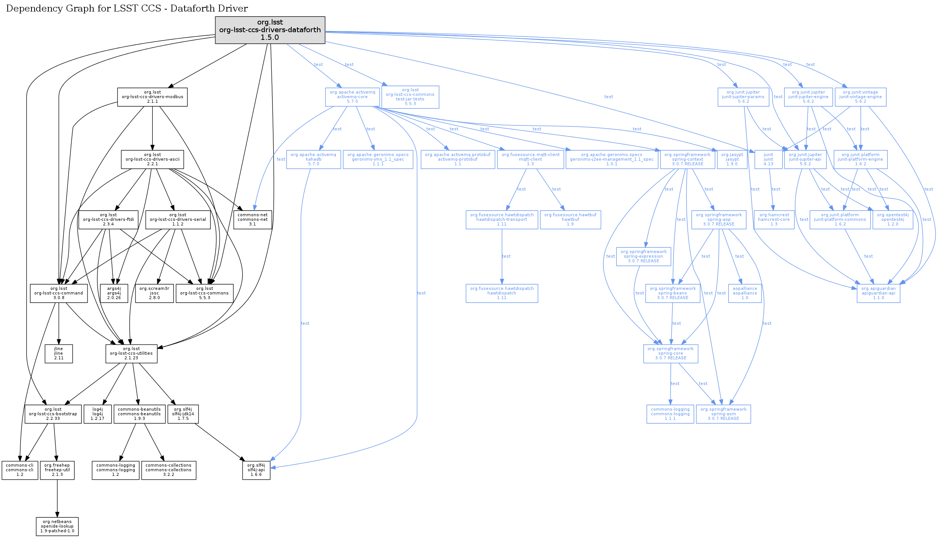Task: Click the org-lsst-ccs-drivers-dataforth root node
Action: (x=270, y=30)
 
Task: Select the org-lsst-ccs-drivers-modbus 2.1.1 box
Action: (x=152, y=97)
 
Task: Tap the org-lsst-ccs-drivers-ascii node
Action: (x=152, y=159)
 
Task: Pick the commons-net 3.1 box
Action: (x=253, y=220)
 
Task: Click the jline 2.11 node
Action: (x=59, y=354)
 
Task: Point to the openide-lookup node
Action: (x=57, y=526)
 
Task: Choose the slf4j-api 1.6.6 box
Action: (x=256, y=470)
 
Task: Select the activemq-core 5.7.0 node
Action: (x=352, y=97)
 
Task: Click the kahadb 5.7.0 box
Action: (x=313, y=160)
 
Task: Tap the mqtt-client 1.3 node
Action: (x=530, y=160)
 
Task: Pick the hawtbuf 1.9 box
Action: (x=570, y=220)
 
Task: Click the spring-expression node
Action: (x=643, y=257)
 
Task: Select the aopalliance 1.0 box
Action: (x=745, y=293)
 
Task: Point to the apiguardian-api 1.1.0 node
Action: (x=878, y=293)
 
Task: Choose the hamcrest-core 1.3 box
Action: (x=774, y=220)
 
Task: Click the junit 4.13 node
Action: (x=768, y=160)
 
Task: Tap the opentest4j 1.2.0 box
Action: (x=893, y=220)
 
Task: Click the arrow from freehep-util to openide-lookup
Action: (x=57, y=499)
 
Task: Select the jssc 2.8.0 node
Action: (x=154, y=293)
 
